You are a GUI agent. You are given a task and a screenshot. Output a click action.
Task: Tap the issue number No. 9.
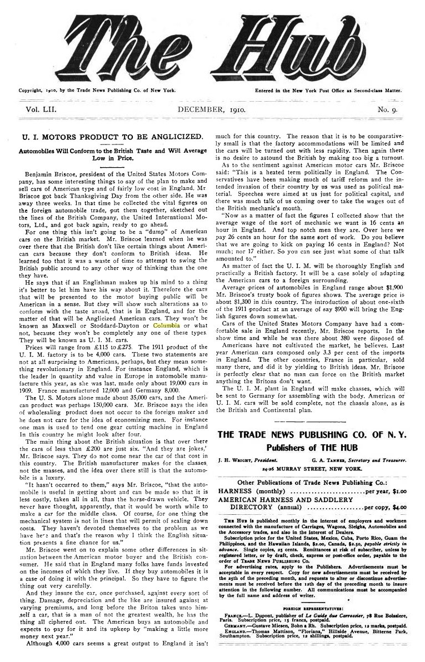pyautogui.click(x=389, y=110)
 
